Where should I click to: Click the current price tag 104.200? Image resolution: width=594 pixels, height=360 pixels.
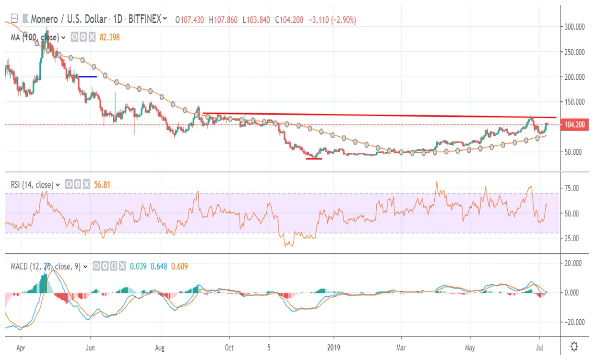tap(574, 125)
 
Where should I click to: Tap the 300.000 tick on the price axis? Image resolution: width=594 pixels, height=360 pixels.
tap(574, 27)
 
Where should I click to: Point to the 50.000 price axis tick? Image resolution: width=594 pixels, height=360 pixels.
tap(574, 152)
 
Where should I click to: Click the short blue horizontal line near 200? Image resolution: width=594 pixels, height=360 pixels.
tap(88, 76)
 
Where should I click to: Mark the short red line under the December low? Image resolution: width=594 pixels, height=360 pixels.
tap(314, 159)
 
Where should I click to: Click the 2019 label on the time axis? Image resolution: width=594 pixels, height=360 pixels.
tap(334, 348)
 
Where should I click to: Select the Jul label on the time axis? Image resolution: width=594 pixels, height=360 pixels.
tap(539, 348)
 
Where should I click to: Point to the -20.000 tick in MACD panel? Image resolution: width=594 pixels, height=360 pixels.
tap(574, 322)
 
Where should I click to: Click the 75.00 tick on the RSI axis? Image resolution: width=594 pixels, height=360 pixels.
tap(574, 188)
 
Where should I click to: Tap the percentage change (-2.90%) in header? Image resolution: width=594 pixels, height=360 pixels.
tap(344, 20)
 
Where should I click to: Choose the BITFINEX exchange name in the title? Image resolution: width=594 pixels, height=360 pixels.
tap(145, 20)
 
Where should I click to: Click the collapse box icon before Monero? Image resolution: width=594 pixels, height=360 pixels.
tap(14, 19)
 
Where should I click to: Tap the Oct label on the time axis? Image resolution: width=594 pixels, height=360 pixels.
tap(229, 348)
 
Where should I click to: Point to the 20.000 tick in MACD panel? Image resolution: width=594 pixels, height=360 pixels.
tap(574, 263)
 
